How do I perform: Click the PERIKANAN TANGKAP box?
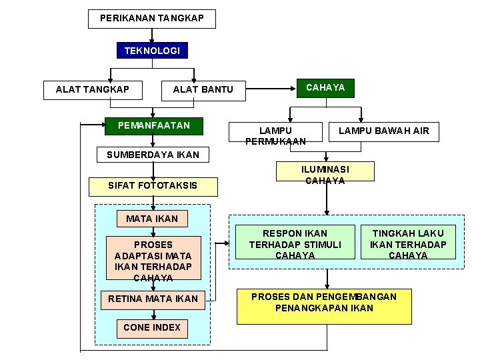(x=152, y=19)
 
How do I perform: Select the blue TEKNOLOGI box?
(x=152, y=51)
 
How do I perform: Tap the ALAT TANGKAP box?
(x=93, y=89)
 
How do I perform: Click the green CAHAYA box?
(x=325, y=88)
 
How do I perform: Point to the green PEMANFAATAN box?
(x=154, y=125)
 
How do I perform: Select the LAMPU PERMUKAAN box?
(x=275, y=135)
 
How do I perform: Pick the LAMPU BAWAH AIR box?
(x=384, y=131)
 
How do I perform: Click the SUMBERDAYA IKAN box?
(x=153, y=155)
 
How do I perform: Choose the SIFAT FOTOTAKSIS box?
(x=153, y=186)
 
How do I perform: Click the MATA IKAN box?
(x=152, y=218)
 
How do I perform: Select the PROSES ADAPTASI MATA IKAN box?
(x=153, y=261)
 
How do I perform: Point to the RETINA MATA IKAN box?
(x=153, y=299)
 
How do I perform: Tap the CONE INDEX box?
(x=152, y=327)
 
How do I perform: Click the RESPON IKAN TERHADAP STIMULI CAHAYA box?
(x=295, y=244)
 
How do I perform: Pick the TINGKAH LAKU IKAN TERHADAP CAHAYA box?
(x=408, y=244)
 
